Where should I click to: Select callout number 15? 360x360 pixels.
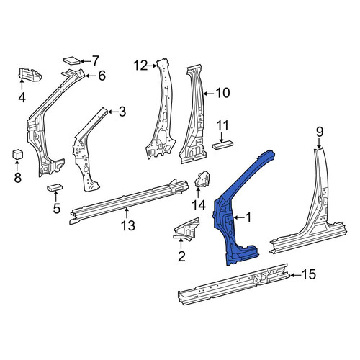pyautogui.click(x=309, y=274)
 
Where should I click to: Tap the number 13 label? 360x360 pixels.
pyautogui.click(x=128, y=226)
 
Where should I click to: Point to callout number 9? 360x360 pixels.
pyautogui.click(x=320, y=132)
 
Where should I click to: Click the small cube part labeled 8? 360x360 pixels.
pyautogui.click(x=17, y=154)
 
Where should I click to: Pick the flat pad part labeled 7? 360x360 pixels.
pyautogui.click(x=71, y=60)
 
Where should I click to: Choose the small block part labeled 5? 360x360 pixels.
pyautogui.click(x=55, y=187)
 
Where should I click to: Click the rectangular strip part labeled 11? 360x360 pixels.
pyautogui.click(x=222, y=145)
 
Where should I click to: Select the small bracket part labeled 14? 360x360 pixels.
pyautogui.click(x=202, y=179)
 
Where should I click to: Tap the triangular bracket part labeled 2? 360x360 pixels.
pyautogui.click(x=186, y=229)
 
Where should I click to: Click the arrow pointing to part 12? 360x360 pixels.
pyautogui.click(x=153, y=66)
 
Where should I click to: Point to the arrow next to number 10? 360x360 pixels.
pyautogui.click(x=209, y=94)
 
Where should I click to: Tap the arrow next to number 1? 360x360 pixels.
pyautogui.click(x=239, y=217)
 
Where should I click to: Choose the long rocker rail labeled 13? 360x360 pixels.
pyautogui.click(x=128, y=201)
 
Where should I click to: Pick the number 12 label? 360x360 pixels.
pyautogui.click(x=141, y=66)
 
